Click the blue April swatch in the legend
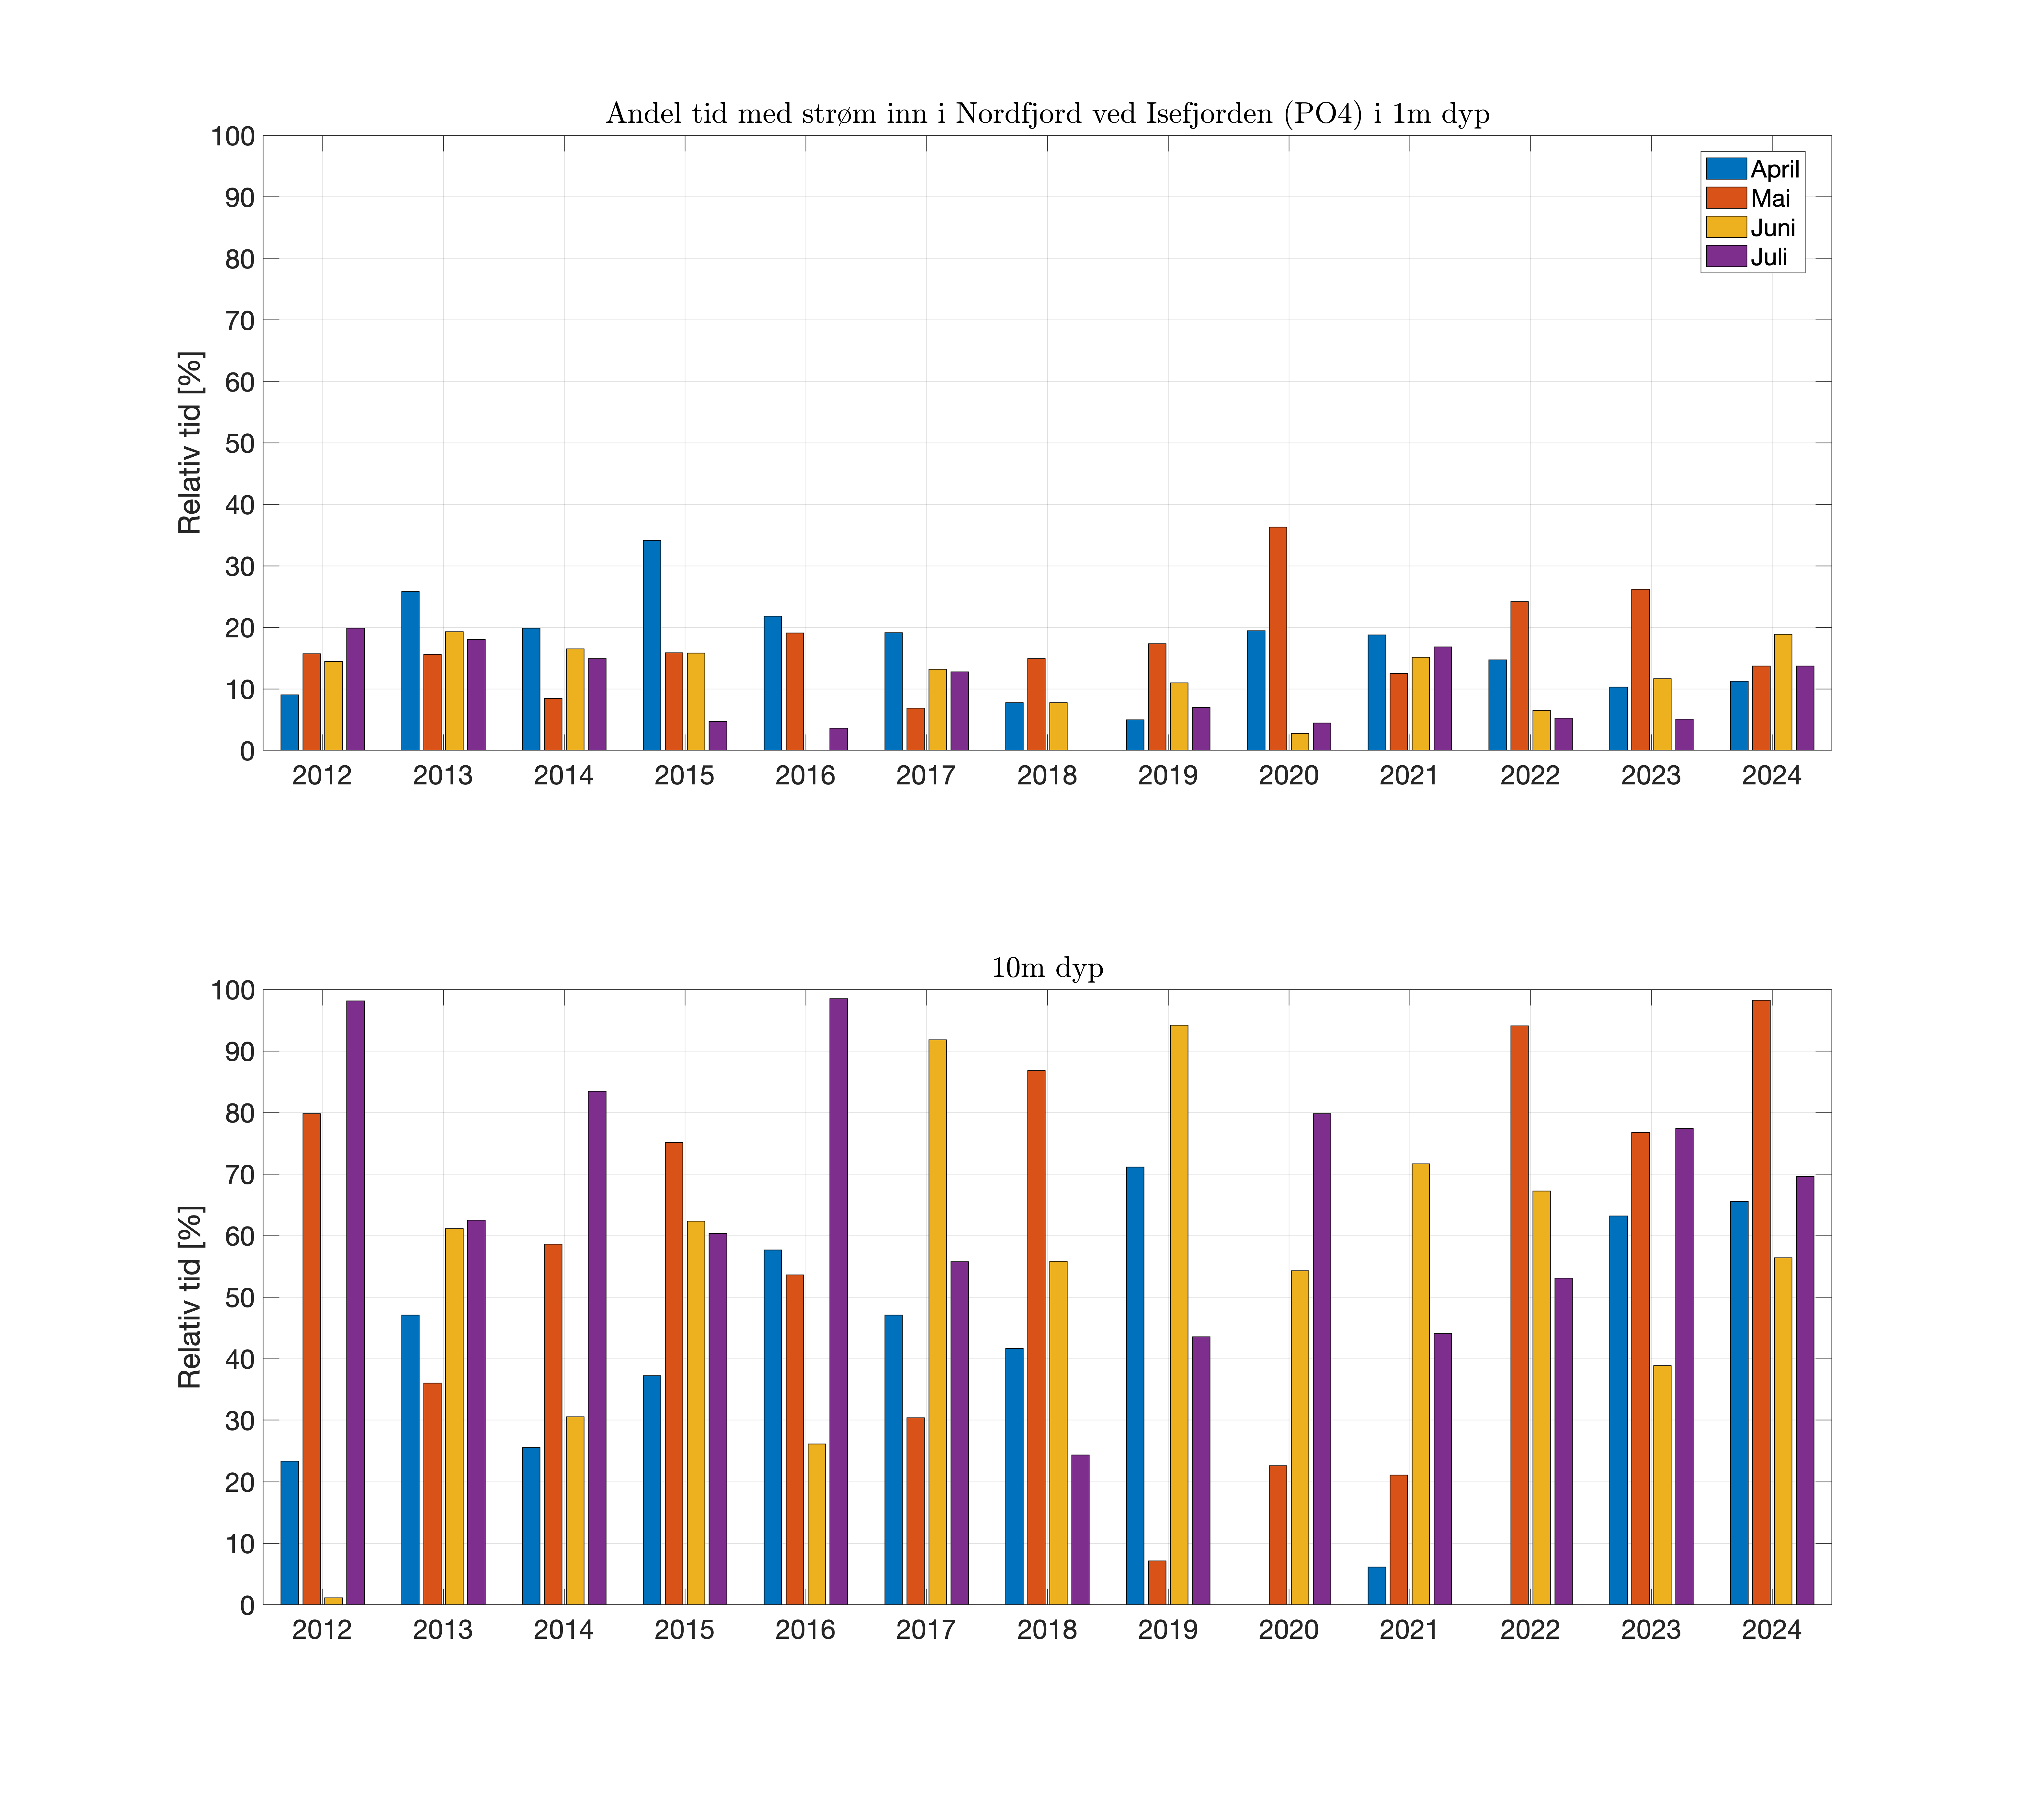(x=1725, y=168)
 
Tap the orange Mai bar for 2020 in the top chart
(x=1278, y=639)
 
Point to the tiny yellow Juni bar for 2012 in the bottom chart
(x=333, y=1601)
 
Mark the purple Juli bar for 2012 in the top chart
(x=355, y=690)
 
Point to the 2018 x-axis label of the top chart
(x=1047, y=776)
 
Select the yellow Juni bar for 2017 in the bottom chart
(x=937, y=1322)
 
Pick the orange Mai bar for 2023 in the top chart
(x=1641, y=670)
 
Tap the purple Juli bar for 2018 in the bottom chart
(x=1080, y=1530)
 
